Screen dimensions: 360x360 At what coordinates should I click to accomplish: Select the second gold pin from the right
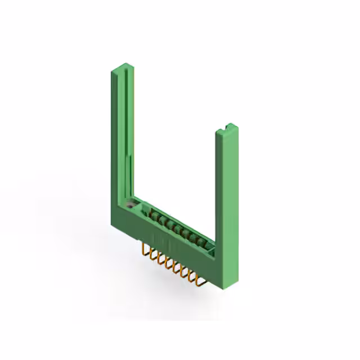(191, 273)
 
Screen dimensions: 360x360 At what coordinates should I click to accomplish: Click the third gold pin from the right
(183, 269)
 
